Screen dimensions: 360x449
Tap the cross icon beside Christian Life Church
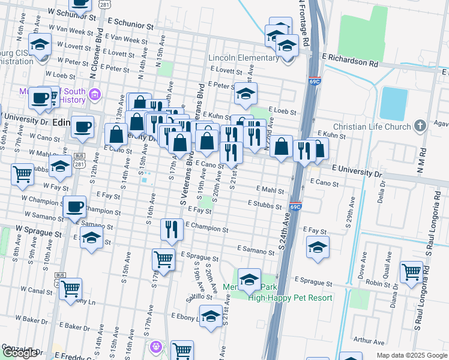[420, 126]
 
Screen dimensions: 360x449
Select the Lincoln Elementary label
[243, 58]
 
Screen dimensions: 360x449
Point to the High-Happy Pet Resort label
[290, 298]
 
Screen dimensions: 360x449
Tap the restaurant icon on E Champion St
[172, 229]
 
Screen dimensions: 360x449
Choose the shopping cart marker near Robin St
[411, 272]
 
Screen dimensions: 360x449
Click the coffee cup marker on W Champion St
[74, 206]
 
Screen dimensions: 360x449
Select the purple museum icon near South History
[94, 94]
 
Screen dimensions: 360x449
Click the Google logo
[20, 353]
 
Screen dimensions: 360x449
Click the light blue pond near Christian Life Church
[393, 103]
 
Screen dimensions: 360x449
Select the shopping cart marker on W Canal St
[71, 289]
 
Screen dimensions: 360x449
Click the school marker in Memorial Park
[249, 280]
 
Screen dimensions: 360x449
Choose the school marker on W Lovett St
[41, 44]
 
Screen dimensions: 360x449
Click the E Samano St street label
[256, 248]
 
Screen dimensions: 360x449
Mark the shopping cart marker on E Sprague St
[163, 259]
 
